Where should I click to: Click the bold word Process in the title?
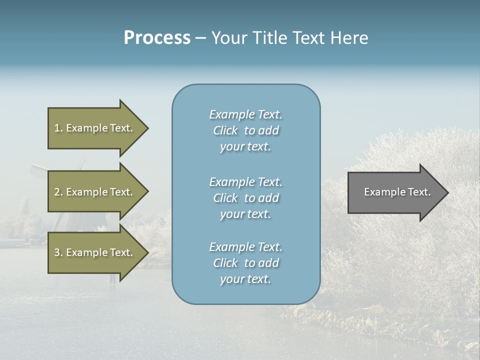157,38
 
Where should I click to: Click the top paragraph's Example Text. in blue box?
245,114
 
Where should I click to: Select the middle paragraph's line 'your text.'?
245,214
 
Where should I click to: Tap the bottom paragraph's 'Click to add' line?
245,263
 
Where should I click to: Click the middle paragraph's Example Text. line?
245,182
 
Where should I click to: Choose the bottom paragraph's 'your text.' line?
245,279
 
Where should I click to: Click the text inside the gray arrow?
397,192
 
